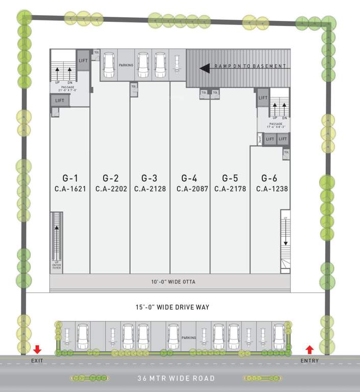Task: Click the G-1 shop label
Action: (x=70, y=178)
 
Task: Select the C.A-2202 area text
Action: (x=110, y=188)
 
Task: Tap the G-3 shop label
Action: (x=149, y=178)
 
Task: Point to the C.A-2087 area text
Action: (x=190, y=188)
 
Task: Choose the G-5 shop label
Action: (x=230, y=178)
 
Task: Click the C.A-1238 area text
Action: (x=270, y=188)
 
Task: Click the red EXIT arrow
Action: (x=37, y=350)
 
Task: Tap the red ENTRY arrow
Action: (x=309, y=350)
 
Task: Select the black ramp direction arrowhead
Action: (x=205, y=67)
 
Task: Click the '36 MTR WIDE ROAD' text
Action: (x=176, y=378)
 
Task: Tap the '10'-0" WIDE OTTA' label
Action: (x=173, y=282)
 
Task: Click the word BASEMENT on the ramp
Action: (x=269, y=66)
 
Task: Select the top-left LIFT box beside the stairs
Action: (x=83, y=61)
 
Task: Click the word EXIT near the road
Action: (x=37, y=361)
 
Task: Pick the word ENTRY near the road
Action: (x=309, y=361)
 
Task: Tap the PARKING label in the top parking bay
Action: (x=126, y=65)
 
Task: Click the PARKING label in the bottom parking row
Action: (x=188, y=337)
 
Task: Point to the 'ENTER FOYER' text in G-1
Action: (x=57, y=265)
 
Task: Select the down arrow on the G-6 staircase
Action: (x=285, y=239)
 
